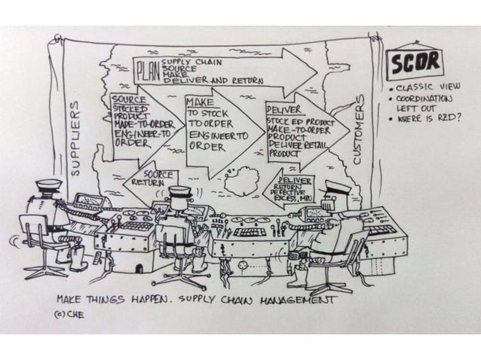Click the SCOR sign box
click(415, 65)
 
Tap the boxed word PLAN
click(146, 74)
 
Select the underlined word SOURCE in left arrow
click(125, 99)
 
